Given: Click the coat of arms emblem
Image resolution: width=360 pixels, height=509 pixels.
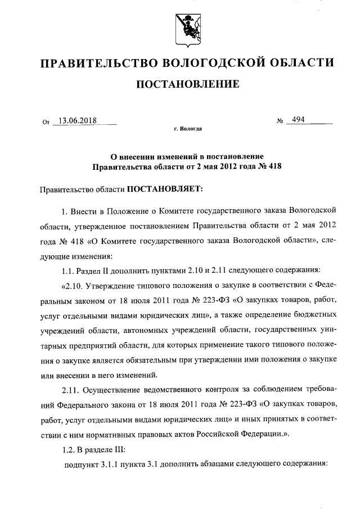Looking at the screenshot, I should tap(187, 29).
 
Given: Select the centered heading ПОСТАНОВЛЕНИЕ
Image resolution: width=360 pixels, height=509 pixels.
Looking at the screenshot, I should tap(188, 85).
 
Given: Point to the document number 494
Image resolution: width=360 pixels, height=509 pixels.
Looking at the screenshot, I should tap(298, 120).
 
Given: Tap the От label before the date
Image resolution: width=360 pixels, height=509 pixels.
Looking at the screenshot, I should tap(46, 121).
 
